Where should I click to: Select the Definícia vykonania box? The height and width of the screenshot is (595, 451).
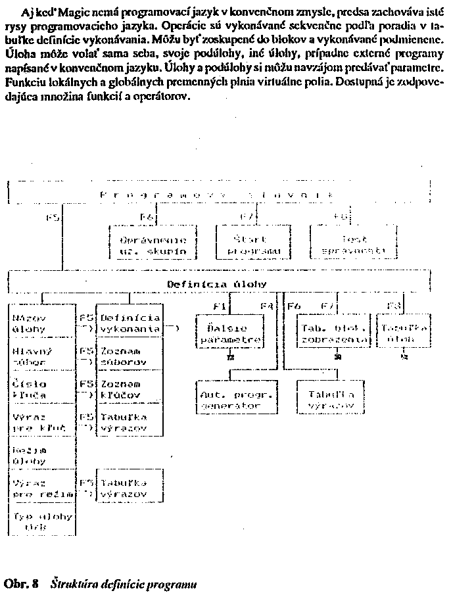pos(130,321)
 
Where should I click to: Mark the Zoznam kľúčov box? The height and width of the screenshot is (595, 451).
pos(130,389)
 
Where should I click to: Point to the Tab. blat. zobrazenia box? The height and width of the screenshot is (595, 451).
pos(333,333)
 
